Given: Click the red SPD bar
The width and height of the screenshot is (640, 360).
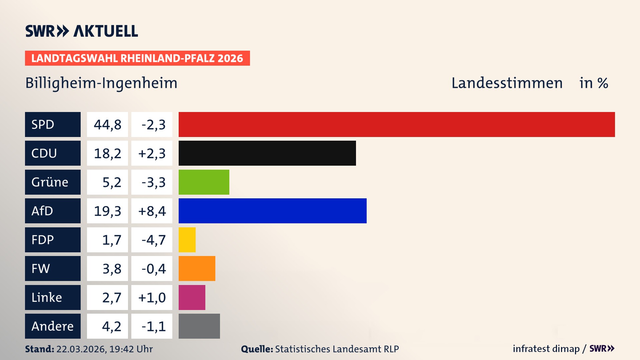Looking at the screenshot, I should (x=397, y=124).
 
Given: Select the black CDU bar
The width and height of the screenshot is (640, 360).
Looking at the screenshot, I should (x=267, y=153).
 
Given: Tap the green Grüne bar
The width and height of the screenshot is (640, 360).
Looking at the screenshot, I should (x=204, y=182).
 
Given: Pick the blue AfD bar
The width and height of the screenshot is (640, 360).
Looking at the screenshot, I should (x=272, y=211).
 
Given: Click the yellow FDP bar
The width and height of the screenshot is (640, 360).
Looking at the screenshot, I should (x=187, y=240).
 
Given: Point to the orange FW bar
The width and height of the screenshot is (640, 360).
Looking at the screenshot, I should (x=197, y=268).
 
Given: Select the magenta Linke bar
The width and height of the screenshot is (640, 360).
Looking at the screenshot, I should (x=192, y=297).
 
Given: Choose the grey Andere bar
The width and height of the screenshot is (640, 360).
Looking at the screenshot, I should (x=199, y=326).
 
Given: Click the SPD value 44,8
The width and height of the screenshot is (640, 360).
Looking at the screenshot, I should (x=107, y=125).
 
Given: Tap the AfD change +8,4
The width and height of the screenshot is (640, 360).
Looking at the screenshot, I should (x=152, y=211).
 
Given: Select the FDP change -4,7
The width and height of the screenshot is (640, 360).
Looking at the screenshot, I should (x=153, y=240).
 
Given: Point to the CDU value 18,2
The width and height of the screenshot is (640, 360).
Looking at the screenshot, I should (x=107, y=153).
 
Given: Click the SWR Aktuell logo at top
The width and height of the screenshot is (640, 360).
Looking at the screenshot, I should (x=81, y=31).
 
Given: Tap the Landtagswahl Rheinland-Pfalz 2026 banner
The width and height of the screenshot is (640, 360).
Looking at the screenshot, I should (x=137, y=58).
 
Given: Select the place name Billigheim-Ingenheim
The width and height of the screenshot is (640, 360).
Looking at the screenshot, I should (x=101, y=83).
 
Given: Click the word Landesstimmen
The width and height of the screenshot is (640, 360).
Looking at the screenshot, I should (x=507, y=83).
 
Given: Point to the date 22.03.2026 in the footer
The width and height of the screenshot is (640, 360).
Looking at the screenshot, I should (x=81, y=349).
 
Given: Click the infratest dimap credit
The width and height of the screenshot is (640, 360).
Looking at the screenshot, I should (x=546, y=349).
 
